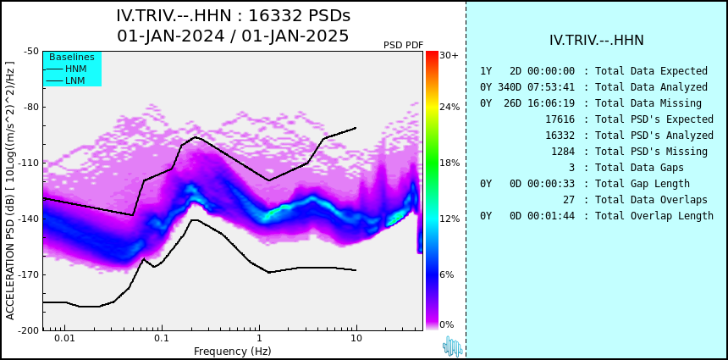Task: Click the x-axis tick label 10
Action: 356,339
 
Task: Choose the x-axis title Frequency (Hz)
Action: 233,352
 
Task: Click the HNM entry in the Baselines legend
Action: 75,69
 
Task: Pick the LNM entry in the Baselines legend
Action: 74,80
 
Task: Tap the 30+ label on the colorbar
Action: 449,56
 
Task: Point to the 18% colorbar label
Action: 449,163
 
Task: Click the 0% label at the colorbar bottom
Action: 446,324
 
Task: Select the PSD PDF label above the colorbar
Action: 403,45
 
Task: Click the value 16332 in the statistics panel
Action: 560,135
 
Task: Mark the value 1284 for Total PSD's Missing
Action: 563,151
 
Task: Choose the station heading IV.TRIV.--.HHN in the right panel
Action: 596,41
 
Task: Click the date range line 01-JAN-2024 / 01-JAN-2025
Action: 233,36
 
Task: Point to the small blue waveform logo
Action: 452,346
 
